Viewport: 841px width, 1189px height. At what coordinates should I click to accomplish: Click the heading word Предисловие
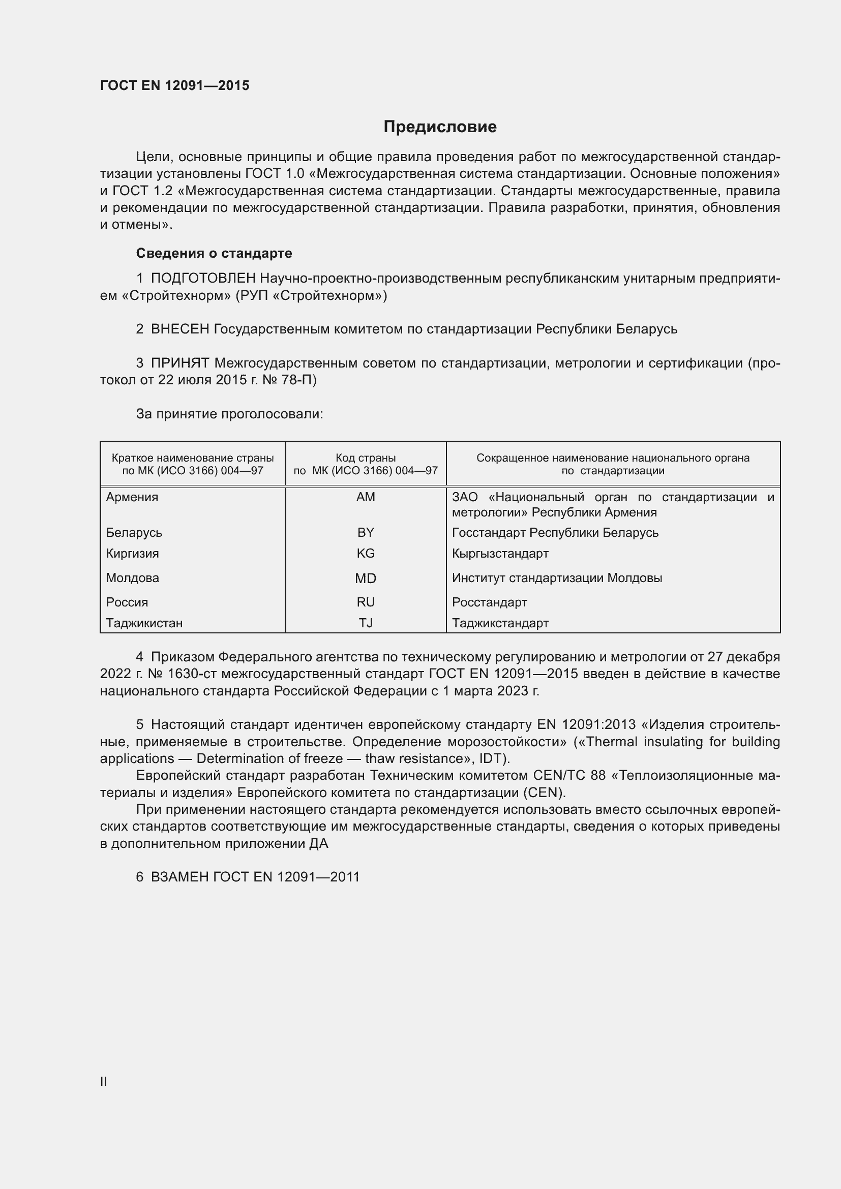pos(440,127)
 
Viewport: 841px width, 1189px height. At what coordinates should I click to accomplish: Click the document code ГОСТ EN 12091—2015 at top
pos(174,85)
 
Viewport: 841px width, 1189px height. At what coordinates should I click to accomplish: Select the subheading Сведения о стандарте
pos(214,253)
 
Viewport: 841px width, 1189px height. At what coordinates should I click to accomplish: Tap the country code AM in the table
pos(366,497)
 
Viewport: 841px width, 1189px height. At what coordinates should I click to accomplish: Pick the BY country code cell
pos(366,532)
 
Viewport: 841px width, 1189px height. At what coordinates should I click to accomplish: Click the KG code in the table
pos(366,553)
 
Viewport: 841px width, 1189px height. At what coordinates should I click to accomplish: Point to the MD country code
pos(366,578)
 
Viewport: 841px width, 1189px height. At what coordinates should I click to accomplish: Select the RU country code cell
pos(366,602)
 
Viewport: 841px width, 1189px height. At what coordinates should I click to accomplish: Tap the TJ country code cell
pos(366,623)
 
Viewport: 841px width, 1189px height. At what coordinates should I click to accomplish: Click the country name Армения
pos(132,497)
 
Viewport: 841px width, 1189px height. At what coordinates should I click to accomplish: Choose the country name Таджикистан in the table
pos(144,623)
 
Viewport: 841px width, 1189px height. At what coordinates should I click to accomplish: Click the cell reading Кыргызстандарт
pos(500,553)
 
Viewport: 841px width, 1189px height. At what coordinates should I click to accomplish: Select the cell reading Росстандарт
pos(489,602)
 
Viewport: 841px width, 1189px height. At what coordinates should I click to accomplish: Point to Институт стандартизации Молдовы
pos(557,578)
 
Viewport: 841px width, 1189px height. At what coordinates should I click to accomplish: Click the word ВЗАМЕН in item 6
pos(179,877)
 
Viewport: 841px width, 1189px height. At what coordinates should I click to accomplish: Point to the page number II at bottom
pos(104,1081)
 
